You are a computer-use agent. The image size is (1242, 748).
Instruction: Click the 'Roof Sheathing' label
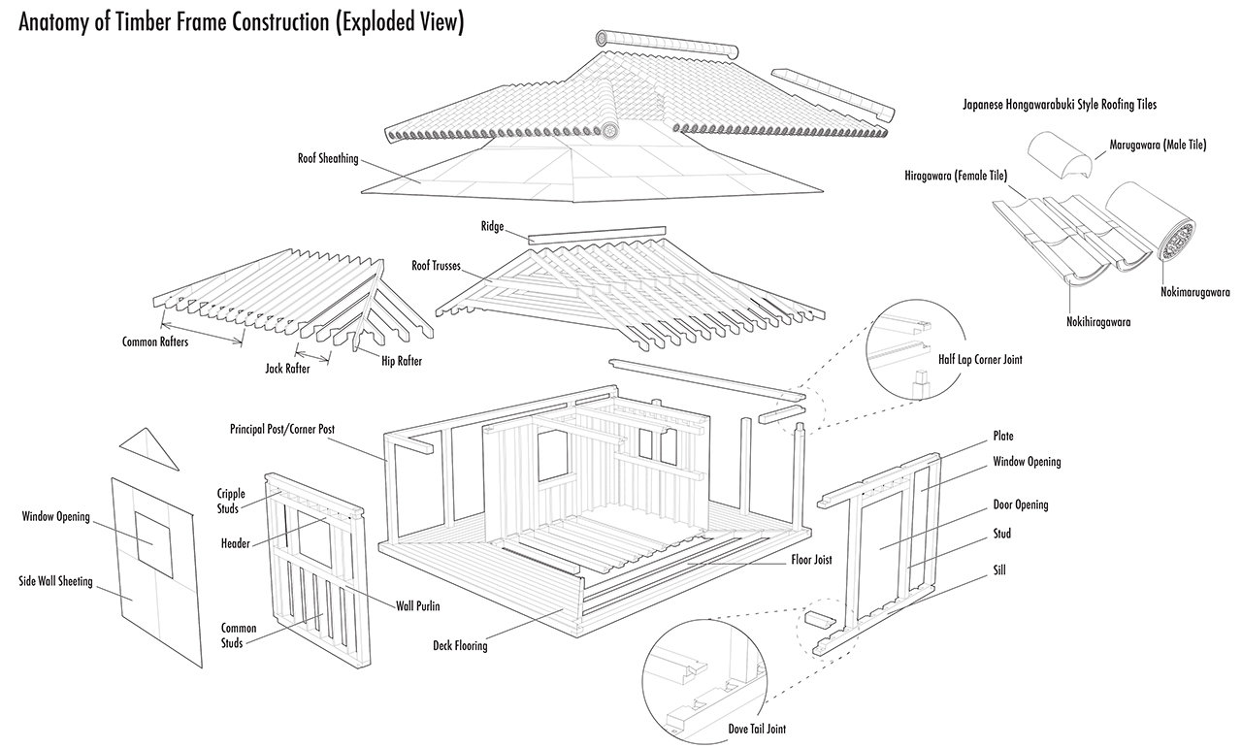[328, 157]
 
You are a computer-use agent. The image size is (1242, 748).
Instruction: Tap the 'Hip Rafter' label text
[401, 361]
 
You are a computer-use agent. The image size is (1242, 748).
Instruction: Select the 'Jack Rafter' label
[287, 369]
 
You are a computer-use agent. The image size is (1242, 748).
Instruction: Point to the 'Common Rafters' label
[154, 341]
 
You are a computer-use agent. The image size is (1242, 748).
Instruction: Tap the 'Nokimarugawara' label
[1195, 290]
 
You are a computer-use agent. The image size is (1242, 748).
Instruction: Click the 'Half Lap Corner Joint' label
[979, 359]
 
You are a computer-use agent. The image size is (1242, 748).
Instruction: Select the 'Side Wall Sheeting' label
[56, 582]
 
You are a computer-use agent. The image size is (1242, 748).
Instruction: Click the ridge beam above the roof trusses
[597, 233]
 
